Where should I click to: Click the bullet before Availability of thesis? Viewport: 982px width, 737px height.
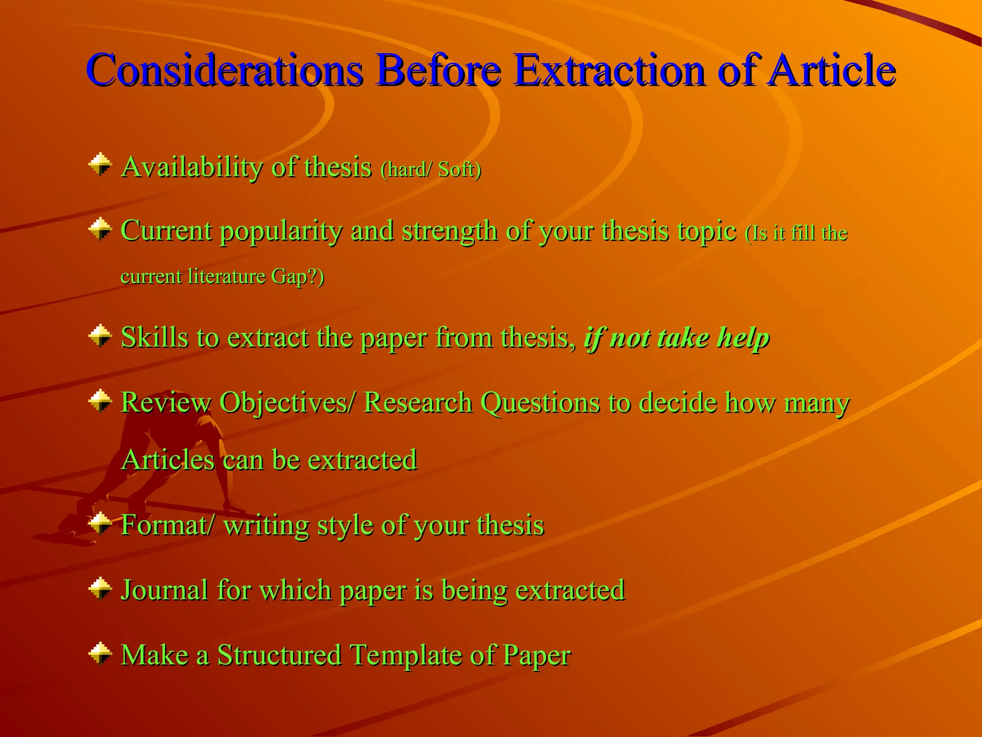pyautogui.click(x=100, y=165)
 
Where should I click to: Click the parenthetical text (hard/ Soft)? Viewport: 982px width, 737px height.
pyautogui.click(x=431, y=169)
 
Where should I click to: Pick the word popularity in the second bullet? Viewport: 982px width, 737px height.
pyautogui.click(x=281, y=232)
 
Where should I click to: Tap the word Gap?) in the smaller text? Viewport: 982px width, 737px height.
pyautogui.click(x=297, y=277)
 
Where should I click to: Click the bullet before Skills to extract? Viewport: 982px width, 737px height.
pyautogui.click(x=100, y=335)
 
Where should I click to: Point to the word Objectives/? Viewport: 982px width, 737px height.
pyautogui.click(x=288, y=403)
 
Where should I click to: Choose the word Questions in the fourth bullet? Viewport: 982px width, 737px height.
pyautogui.click(x=540, y=403)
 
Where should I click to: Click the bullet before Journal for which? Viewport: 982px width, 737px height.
pyautogui.click(x=100, y=588)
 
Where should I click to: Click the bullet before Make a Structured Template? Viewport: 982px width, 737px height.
pyautogui.click(x=100, y=653)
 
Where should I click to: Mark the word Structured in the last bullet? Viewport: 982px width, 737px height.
pyautogui.click(x=279, y=655)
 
